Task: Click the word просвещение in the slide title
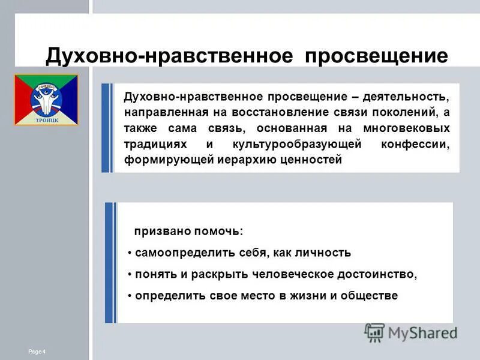point(376,56)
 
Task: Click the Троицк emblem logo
point(47,100)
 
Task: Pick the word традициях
point(156,145)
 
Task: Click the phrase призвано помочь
point(189,231)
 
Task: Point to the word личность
point(323,253)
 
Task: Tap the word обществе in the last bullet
point(368,296)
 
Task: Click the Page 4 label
point(37,351)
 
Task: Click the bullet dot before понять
point(130,275)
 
